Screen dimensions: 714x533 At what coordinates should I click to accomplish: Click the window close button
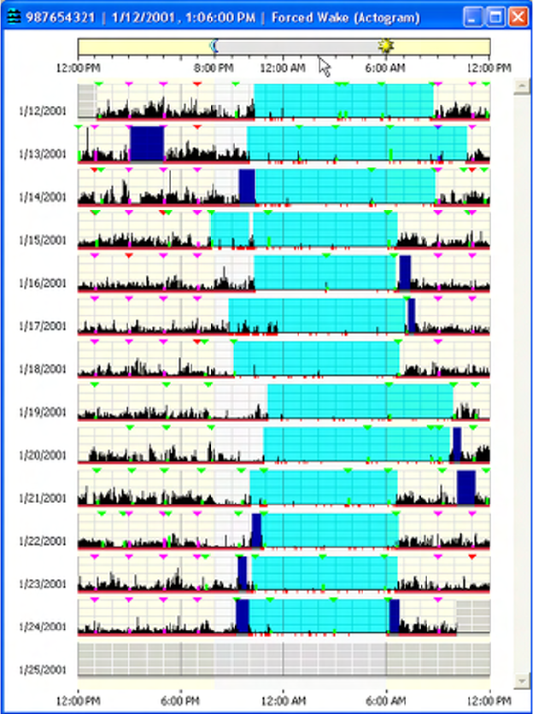coord(518,16)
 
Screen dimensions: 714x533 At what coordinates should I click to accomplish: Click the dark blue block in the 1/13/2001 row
coord(147,143)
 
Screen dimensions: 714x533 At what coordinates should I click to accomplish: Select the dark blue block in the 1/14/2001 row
coord(247,186)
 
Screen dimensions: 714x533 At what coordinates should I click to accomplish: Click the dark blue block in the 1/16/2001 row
coord(405,272)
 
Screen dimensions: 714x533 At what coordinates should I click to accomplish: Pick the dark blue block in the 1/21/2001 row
coord(466,487)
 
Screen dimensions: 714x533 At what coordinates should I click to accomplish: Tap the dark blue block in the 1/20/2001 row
coord(457,444)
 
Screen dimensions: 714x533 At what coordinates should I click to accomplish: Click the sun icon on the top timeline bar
coord(385,46)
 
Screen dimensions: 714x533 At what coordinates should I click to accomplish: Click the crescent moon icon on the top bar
coord(214,46)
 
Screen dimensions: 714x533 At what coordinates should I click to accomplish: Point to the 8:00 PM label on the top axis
coord(214,67)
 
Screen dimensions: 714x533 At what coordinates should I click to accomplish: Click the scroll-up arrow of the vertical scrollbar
coord(519,87)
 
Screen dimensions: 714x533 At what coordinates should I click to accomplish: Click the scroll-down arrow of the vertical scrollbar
coord(519,680)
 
